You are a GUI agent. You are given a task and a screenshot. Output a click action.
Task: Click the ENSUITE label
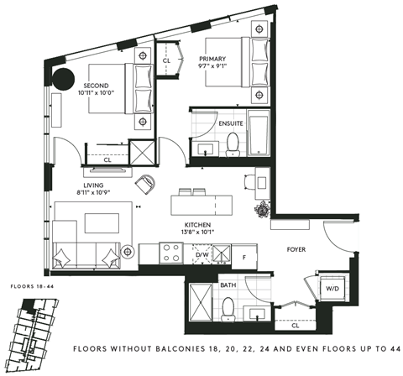(x=231, y=123)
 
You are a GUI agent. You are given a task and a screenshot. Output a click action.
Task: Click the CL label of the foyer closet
(x=296, y=325)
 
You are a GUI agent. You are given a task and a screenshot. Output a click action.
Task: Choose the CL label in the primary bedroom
(x=166, y=61)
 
